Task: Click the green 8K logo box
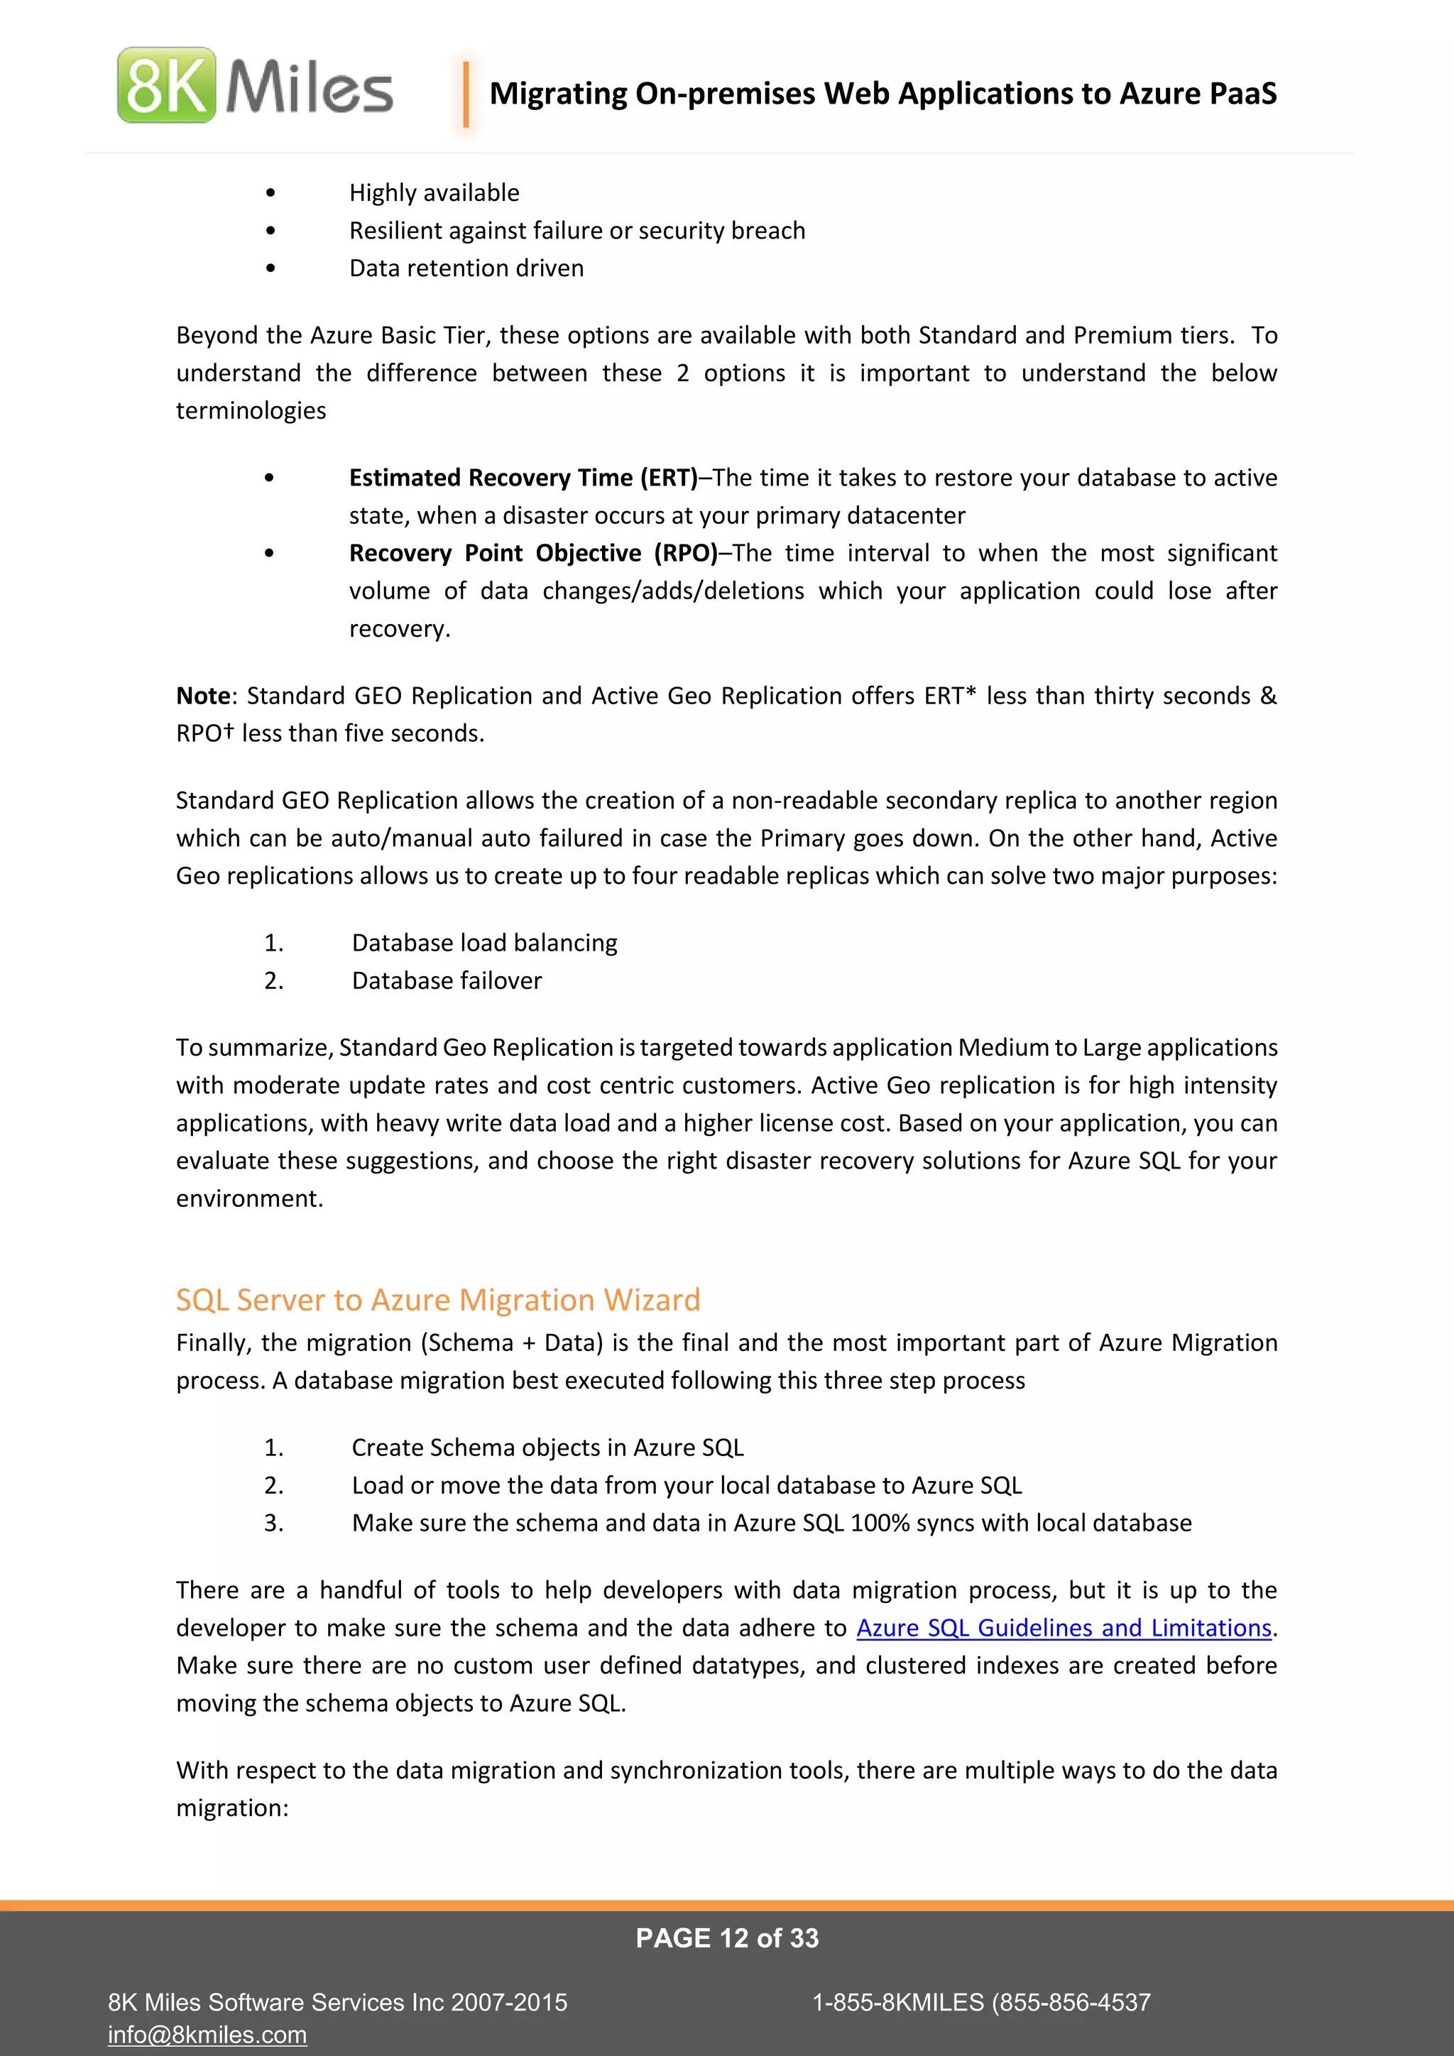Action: (x=167, y=86)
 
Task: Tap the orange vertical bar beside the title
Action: (x=466, y=93)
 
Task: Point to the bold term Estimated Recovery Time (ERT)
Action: (x=523, y=477)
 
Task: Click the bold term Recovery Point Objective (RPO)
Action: (x=532, y=552)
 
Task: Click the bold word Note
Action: (x=203, y=696)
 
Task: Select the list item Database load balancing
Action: (x=483, y=943)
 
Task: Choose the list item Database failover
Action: (x=446, y=980)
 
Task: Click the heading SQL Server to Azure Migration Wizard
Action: (x=438, y=1299)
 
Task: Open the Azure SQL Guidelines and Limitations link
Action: (x=1064, y=1627)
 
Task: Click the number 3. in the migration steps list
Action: (x=273, y=1524)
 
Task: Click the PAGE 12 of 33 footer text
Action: (x=727, y=1938)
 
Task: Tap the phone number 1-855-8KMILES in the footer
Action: (x=897, y=2002)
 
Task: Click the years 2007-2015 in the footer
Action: (x=508, y=2002)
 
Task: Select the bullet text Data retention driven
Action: (x=466, y=268)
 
